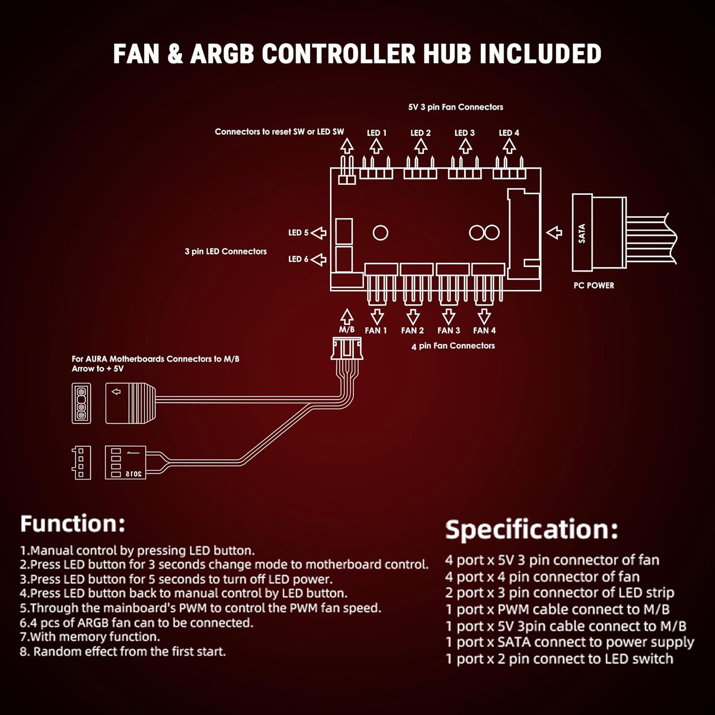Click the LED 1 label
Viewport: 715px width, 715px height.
pos(377,133)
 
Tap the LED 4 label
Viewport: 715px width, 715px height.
pos(509,133)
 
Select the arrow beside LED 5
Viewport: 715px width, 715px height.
pos(318,233)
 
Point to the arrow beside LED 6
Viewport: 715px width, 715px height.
pos(318,259)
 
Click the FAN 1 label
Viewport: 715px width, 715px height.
pos(376,330)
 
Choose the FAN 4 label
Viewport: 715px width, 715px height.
pos(484,330)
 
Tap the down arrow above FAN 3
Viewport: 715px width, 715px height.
pos(449,317)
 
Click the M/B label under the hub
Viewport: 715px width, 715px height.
pos(347,329)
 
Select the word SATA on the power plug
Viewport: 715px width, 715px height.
pos(582,234)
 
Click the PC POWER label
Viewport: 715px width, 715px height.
pos(593,286)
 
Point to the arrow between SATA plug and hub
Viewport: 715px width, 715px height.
pos(554,233)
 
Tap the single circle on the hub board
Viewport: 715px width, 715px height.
pos(380,233)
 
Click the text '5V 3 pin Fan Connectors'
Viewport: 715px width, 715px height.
pos(455,107)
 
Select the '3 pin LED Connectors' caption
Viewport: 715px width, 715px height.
pos(225,251)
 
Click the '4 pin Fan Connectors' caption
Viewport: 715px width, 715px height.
pos(453,346)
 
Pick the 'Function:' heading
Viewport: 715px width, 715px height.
pos(72,523)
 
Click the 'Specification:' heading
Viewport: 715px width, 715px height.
pos(531,529)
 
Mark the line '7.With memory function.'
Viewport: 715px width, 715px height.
pos(90,637)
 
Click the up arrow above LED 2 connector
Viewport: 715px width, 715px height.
pos(420,146)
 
